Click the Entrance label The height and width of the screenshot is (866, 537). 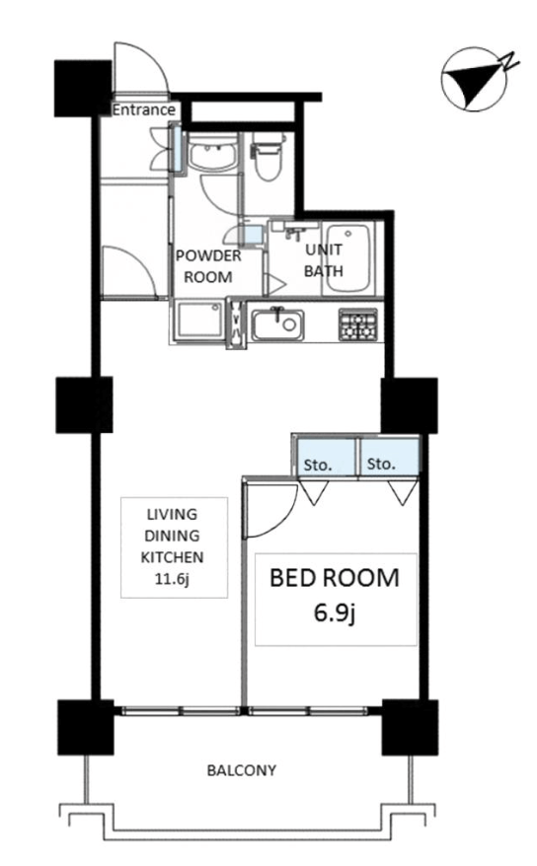(144, 109)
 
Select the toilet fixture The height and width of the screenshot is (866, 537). (267, 156)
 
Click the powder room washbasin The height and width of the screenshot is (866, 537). (212, 153)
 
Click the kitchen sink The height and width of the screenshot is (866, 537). (278, 325)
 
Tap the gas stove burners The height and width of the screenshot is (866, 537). (358, 325)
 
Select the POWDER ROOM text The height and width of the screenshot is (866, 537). (208, 266)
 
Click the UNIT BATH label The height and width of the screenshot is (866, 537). (324, 260)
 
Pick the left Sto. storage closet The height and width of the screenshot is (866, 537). (325, 456)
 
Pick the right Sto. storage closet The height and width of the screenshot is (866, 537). (389, 456)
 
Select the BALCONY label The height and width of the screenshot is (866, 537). (242, 770)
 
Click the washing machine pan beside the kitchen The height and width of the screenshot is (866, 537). (198, 322)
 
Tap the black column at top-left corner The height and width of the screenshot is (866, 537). (83, 89)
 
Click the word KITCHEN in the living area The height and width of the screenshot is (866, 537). (172, 557)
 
